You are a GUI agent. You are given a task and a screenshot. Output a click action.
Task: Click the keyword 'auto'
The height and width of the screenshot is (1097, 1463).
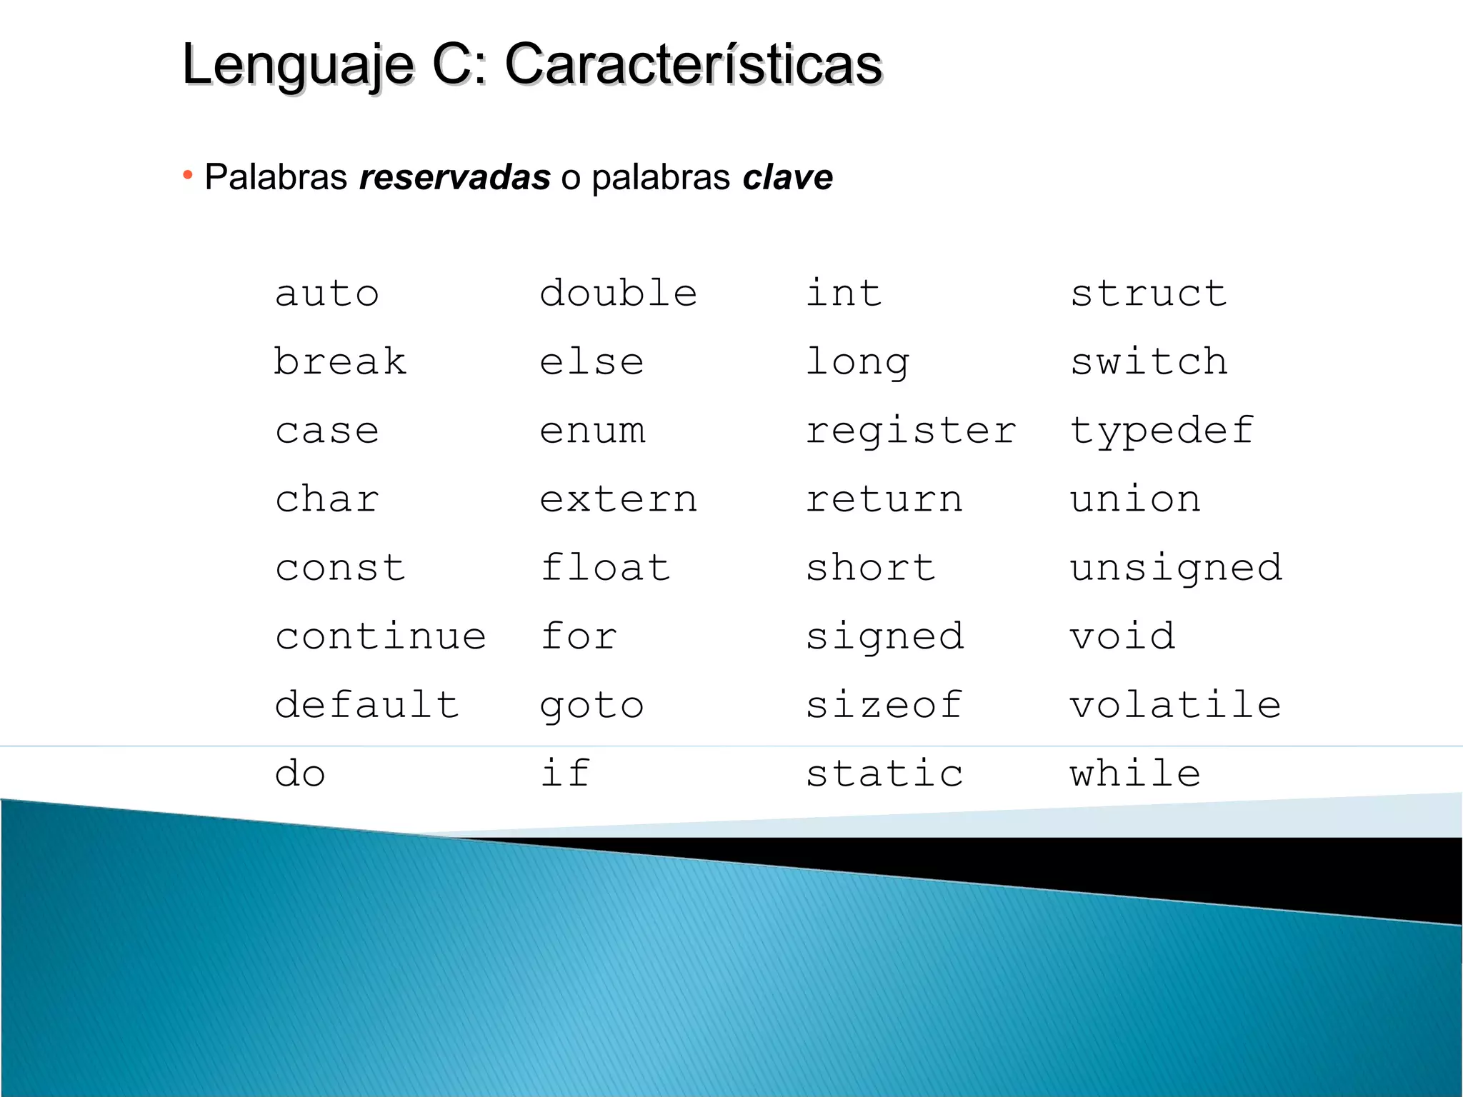click(327, 294)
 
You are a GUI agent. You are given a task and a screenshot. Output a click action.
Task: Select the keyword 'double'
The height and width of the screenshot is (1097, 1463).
click(619, 293)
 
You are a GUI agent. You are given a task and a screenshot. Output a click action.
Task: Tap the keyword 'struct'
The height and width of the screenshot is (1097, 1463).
click(1149, 293)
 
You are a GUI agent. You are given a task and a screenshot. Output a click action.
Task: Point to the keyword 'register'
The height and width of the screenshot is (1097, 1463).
click(911, 431)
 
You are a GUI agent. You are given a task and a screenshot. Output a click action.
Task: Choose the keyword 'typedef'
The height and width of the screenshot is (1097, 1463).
click(1162, 431)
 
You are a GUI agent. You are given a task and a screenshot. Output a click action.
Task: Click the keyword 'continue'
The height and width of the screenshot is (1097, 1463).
click(381, 636)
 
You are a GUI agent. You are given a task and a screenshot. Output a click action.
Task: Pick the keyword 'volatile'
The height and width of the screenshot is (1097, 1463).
click(1175, 704)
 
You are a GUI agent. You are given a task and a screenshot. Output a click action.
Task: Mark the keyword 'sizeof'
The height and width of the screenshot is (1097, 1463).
click(884, 704)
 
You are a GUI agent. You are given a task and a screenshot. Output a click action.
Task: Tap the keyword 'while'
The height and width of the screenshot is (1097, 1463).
click(1135, 773)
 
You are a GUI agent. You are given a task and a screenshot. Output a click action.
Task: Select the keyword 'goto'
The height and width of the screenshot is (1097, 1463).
click(592, 706)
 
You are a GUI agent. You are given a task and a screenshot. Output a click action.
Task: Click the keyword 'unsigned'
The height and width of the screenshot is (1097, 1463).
click(1176, 568)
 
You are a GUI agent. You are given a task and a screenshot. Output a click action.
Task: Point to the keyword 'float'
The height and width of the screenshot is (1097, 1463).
click(606, 567)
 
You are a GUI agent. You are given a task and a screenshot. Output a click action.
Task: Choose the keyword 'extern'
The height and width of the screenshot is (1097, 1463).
click(619, 499)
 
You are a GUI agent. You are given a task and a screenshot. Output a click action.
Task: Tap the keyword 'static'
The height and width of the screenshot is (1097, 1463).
click(884, 773)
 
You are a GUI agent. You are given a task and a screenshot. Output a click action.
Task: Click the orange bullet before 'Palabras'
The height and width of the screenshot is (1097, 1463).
click(188, 175)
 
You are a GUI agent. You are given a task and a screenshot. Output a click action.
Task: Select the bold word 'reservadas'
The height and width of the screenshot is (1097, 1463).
click(455, 177)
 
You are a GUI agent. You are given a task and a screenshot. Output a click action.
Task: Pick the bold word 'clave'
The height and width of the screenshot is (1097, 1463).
click(787, 177)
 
